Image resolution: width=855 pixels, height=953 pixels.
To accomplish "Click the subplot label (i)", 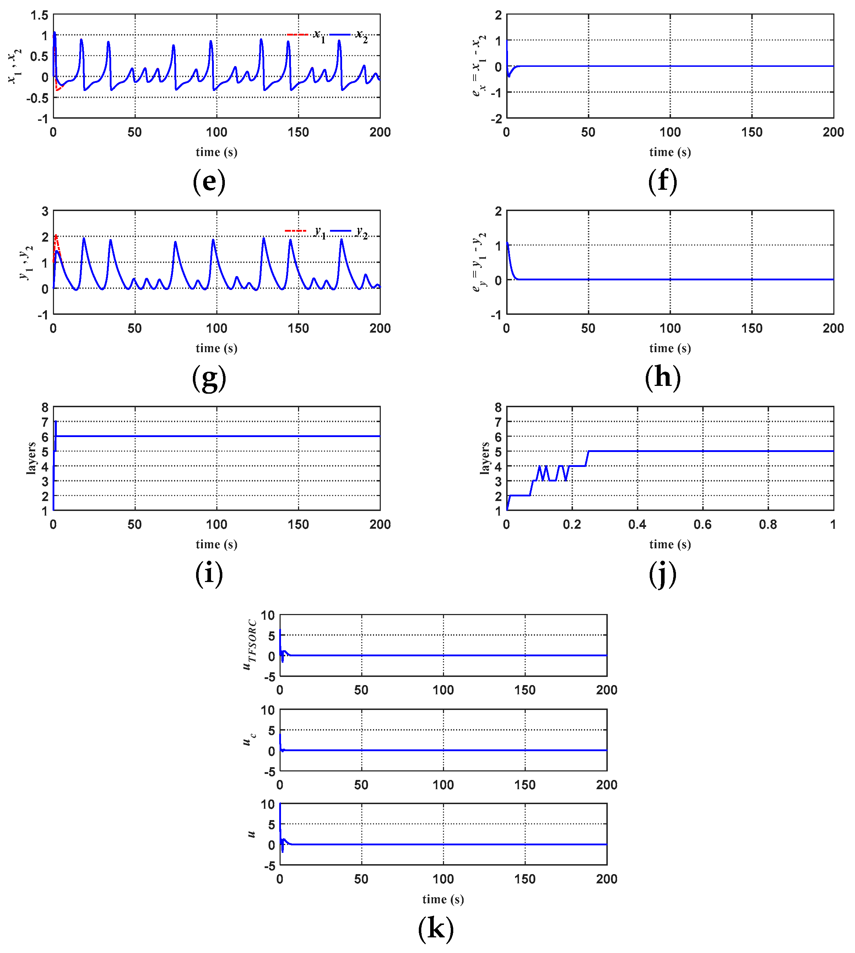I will pyautogui.click(x=209, y=574).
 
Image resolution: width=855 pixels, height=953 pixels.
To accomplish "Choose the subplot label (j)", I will pyautogui.click(x=662, y=574).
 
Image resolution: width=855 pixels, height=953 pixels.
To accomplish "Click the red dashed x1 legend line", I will pyautogui.click(x=297, y=34).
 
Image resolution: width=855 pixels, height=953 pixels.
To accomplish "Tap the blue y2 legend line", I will pyautogui.click(x=341, y=231).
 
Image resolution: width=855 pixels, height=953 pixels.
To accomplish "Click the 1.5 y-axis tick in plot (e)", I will pyautogui.click(x=39, y=16).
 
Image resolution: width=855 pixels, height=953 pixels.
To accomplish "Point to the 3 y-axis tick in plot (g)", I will pyautogui.click(x=45, y=211).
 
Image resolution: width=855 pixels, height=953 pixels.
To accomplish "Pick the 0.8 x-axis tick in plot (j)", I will pyautogui.click(x=768, y=524).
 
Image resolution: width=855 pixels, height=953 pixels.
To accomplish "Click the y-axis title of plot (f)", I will pyautogui.click(x=479, y=66).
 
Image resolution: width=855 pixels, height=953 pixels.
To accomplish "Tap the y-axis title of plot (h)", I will pyautogui.click(x=479, y=262).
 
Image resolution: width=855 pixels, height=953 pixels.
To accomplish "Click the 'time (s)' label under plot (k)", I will pyautogui.click(x=443, y=899).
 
